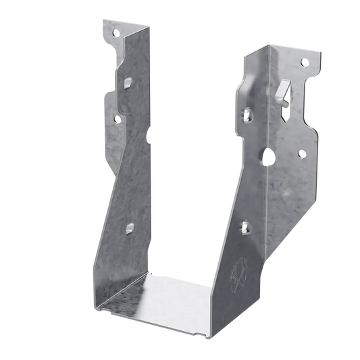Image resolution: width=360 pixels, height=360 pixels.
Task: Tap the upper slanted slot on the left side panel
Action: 127,82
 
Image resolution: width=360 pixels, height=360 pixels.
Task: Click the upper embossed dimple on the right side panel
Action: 245,113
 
